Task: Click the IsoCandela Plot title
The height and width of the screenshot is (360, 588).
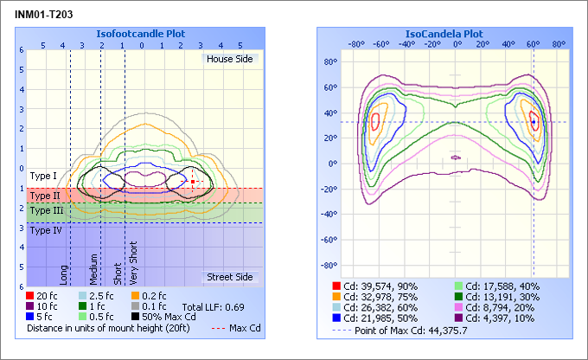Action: pyautogui.click(x=444, y=34)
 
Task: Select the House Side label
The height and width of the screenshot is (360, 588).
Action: pyautogui.click(x=231, y=59)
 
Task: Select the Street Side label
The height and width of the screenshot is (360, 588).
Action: pyautogui.click(x=229, y=277)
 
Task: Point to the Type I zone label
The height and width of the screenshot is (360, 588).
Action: pyautogui.click(x=43, y=177)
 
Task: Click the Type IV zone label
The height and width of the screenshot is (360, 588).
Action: pyautogui.click(x=46, y=230)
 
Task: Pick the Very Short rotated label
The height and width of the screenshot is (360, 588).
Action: pyautogui.click(x=133, y=264)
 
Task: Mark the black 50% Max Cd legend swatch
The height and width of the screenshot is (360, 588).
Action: pyautogui.click(x=136, y=318)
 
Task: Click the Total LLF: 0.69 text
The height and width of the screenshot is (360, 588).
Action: pyautogui.click(x=213, y=307)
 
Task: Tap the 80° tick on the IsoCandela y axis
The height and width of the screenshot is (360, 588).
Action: pyautogui.click(x=329, y=62)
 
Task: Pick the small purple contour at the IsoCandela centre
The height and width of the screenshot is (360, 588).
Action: pyautogui.click(x=457, y=157)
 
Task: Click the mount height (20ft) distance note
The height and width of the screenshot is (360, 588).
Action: pyautogui.click(x=113, y=329)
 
